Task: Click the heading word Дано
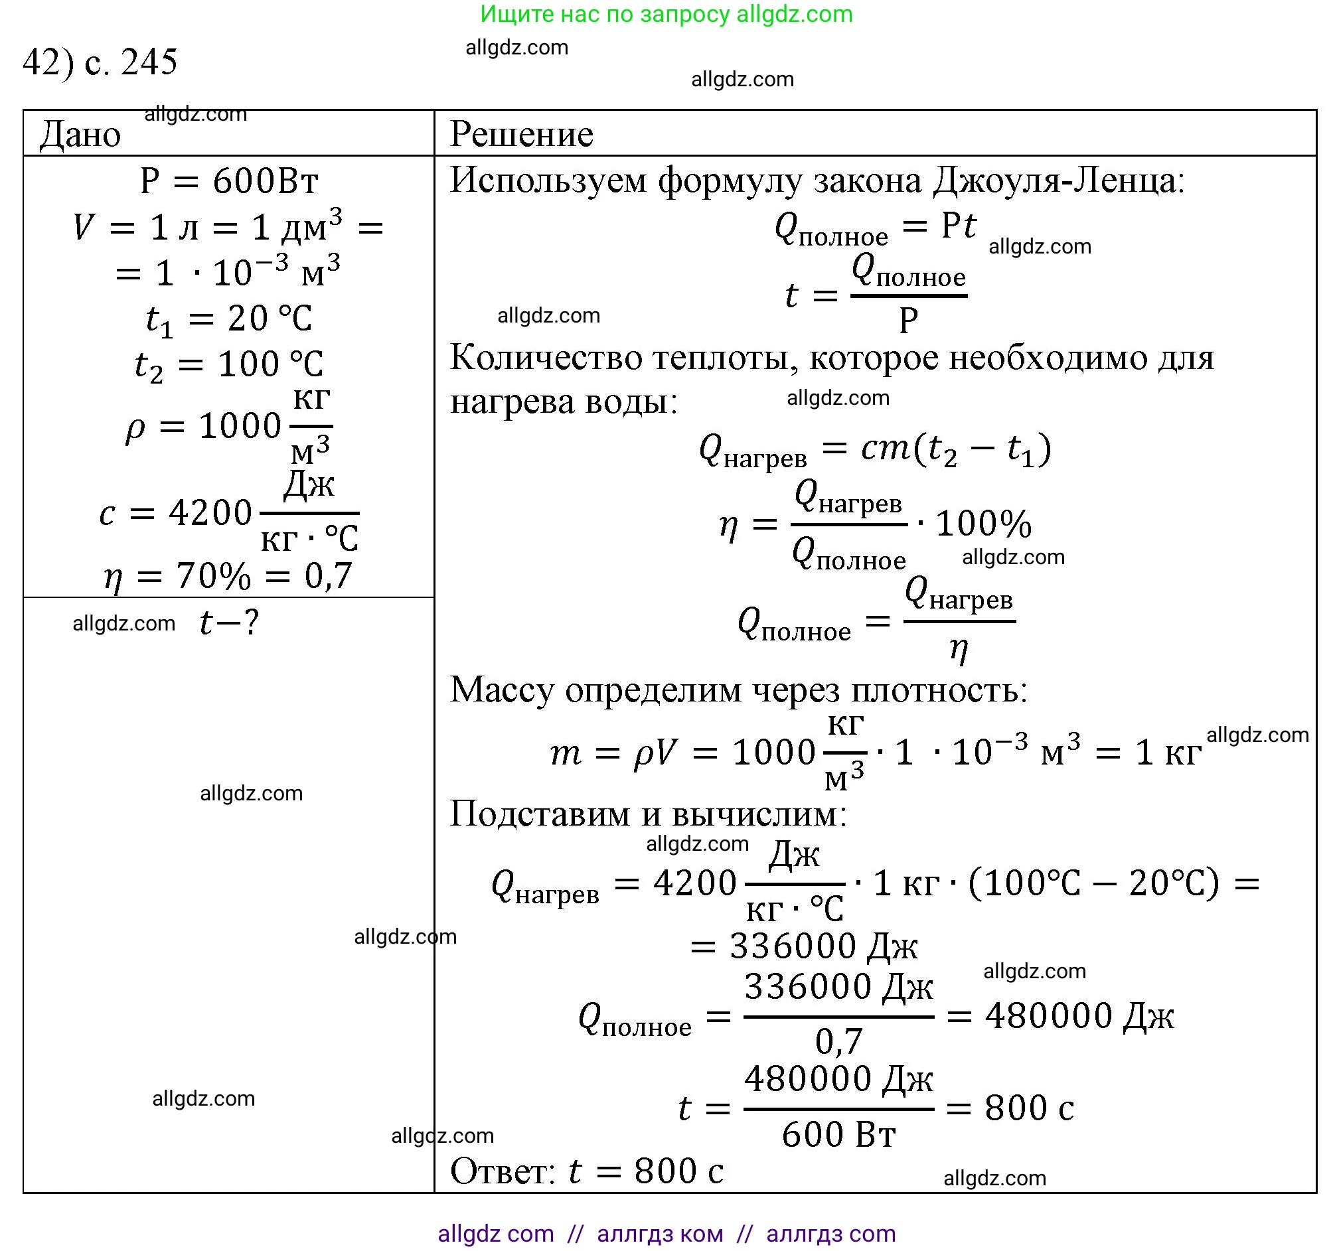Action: (80, 134)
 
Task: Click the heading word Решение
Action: (521, 134)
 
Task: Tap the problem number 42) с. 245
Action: (100, 62)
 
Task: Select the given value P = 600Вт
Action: (228, 181)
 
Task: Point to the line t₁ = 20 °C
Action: (228, 319)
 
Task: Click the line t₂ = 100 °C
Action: (228, 365)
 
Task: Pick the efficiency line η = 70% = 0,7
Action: (228, 576)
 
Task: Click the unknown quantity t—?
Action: (229, 623)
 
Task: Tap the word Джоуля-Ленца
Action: (1058, 181)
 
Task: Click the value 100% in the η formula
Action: (983, 524)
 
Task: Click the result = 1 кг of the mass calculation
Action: (1148, 752)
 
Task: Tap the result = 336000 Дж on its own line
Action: (804, 947)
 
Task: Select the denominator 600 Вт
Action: (838, 1135)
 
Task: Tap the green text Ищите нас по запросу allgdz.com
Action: (666, 14)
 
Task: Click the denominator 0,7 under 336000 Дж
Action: (838, 1041)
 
